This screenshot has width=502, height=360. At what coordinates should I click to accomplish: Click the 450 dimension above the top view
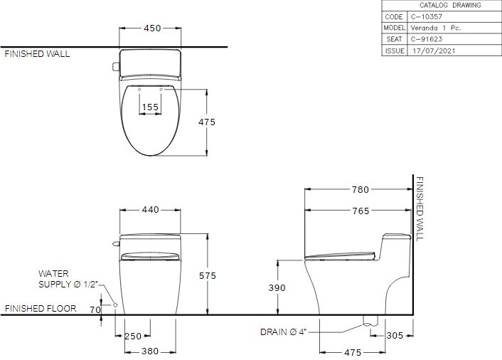click(152, 28)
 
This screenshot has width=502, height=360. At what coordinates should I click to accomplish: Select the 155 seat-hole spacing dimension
click(151, 107)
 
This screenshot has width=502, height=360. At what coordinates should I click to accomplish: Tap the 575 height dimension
click(208, 275)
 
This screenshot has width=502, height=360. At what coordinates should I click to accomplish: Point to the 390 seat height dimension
click(277, 287)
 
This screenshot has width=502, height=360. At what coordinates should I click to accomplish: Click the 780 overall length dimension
click(361, 190)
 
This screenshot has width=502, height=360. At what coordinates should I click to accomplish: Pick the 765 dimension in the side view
click(361, 211)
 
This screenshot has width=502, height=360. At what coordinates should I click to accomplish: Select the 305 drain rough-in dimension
click(395, 335)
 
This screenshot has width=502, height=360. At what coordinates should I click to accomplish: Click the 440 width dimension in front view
click(151, 210)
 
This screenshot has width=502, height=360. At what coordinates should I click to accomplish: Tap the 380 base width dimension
click(150, 351)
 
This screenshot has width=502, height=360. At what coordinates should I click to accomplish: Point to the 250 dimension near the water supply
click(133, 336)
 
